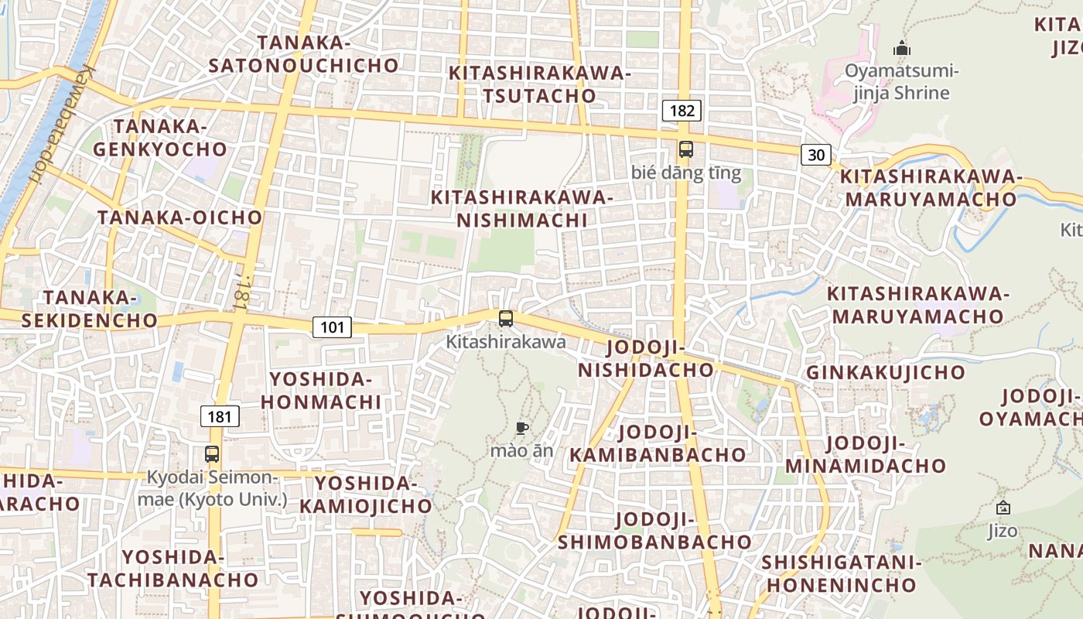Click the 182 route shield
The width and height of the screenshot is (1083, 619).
(682, 111)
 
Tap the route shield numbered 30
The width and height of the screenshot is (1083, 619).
(816, 155)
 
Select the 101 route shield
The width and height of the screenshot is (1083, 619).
(332, 327)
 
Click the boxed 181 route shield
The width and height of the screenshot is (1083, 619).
(220, 417)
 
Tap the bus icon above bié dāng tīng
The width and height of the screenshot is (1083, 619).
(685, 149)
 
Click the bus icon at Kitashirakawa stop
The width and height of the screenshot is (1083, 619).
(506, 318)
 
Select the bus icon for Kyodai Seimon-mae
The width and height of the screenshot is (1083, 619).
(212, 454)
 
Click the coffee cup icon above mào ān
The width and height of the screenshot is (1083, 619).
(522, 428)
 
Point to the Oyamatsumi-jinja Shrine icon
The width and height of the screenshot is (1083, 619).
(901, 49)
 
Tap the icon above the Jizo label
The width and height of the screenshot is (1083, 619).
(1003, 508)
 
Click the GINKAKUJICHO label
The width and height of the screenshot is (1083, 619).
(886, 373)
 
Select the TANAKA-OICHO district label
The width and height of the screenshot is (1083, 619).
(179, 217)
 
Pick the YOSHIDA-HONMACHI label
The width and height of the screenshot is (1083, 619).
(320, 391)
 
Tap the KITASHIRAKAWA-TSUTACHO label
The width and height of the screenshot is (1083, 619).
(539, 84)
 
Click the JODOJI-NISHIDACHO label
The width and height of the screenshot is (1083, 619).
(646, 358)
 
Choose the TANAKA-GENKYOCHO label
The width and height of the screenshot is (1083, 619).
(160, 138)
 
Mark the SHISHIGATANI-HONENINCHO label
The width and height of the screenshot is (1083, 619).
(841, 573)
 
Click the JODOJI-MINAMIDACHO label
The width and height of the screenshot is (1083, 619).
(866, 455)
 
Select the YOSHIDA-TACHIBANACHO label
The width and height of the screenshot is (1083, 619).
(173, 568)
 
